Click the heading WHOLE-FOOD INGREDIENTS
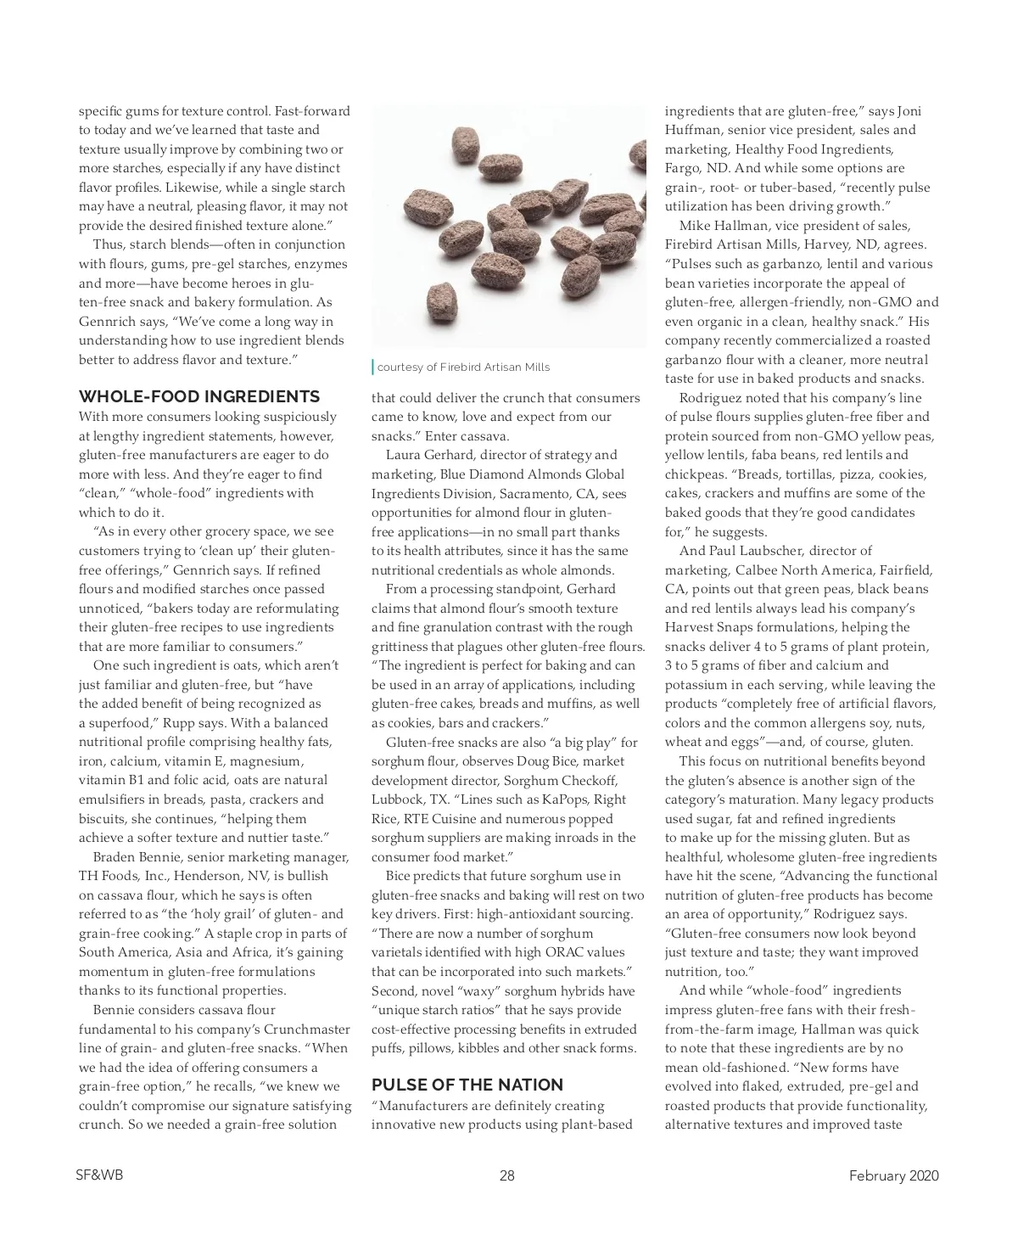click(x=199, y=396)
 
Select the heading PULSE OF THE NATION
click(x=467, y=1085)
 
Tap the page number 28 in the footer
click(x=507, y=1175)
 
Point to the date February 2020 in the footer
click(x=894, y=1175)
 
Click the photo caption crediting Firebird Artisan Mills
click(x=463, y=367)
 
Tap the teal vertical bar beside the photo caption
click(x=372, y=367)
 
